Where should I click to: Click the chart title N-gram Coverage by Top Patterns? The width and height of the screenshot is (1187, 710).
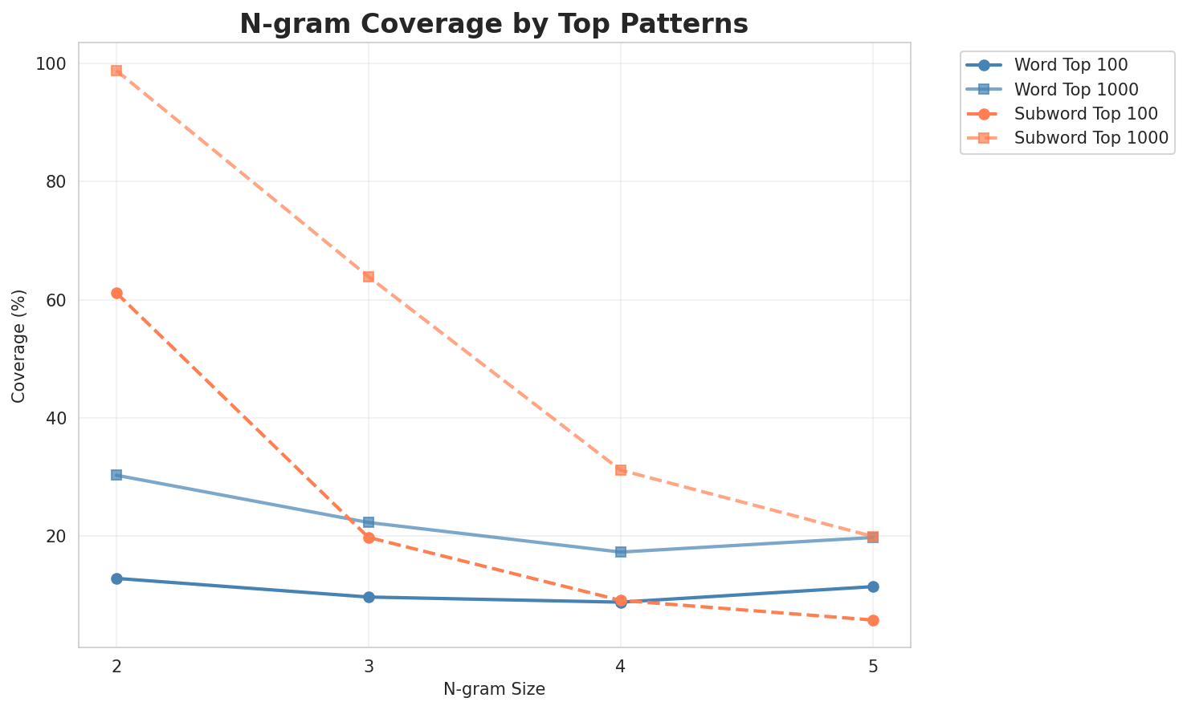pos(494,24)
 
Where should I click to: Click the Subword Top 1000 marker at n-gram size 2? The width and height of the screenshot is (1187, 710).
pos(116,71)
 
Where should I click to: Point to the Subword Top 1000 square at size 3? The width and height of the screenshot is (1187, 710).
pos(369,277)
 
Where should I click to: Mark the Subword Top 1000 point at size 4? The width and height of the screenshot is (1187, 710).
pos(621,470)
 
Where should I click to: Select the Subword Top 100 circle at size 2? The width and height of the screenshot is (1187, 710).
pos(116,294)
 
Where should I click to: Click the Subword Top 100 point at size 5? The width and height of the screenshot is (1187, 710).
pos(873,620)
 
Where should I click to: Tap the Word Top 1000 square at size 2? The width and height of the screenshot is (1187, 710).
pos(116,475)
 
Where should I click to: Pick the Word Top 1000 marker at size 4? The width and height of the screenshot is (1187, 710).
pos(621,552)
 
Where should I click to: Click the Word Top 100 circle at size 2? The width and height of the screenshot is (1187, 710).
pos(116,578)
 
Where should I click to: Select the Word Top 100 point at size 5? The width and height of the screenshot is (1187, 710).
pos(873,586)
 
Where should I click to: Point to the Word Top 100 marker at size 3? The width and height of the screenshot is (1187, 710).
pos(369,597)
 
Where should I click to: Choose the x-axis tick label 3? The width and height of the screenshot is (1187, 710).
pos(369,666)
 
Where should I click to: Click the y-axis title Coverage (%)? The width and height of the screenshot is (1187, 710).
pos(19,346)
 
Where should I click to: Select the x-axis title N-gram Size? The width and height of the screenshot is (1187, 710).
pos(494,689)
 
